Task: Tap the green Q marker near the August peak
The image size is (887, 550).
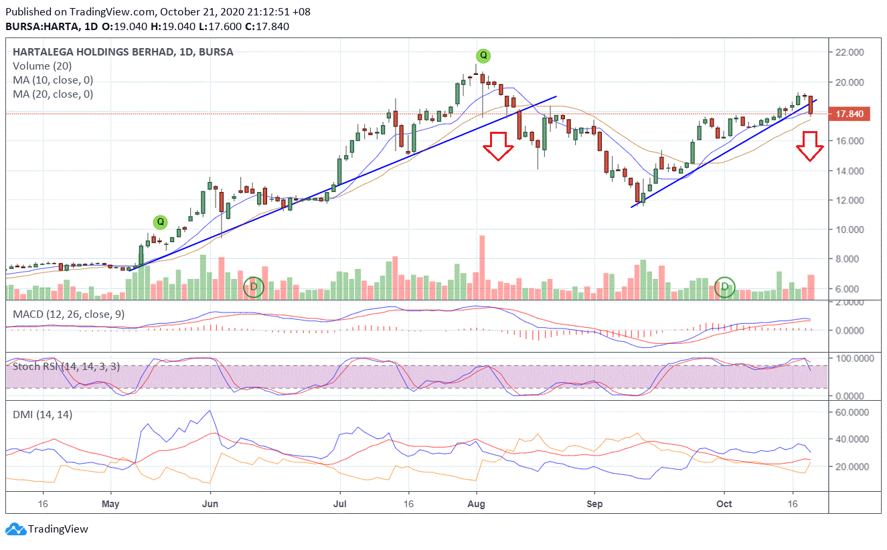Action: pos(483,56)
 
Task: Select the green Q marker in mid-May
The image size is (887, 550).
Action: pos(160,221)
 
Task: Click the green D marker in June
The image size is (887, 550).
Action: pos(253,288)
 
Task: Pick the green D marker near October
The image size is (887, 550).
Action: pos(725,288)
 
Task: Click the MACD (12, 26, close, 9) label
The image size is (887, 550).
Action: pos(68,314)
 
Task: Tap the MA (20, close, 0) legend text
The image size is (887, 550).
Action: pos(53,94)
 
